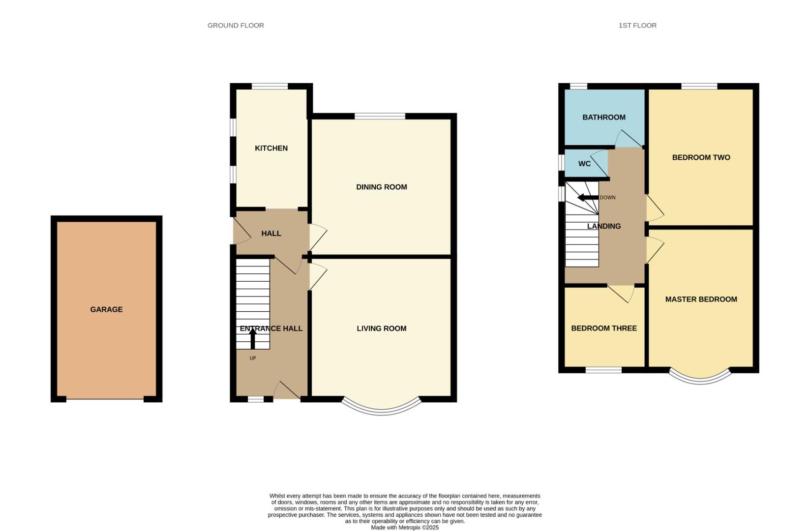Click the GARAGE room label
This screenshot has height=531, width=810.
pyautogui.click(x=106, y=309)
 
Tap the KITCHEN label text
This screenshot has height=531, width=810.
pyautogui.click(x=271, y=148)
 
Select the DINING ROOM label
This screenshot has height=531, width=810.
pyautogui.click(x=381, y=187)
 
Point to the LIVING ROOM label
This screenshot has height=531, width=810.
pyautogui.click(x=381, y=328)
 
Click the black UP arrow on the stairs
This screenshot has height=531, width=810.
pyautogui.click(x=253, y=338)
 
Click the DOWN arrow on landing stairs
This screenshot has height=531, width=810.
pyautogui.click(x=587, y=198)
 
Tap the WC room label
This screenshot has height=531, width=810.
pyautogui.click(x=584, y=164)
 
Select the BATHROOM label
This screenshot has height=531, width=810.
pyautogui.click(x=603, y=117)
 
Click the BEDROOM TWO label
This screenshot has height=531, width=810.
pyautogui.click(x=701, y=157)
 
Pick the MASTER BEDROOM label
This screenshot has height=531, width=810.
pyautogui.click(x=701, y=299)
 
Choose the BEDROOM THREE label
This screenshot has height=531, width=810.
pyautogui.click(x=603, y=328)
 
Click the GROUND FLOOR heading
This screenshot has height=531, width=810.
pyautogui.click(x=236, y=25)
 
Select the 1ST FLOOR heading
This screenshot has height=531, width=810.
pyautogui.click(x=637, y=25)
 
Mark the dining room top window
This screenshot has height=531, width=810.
pyautogui.click(x=380, y=116)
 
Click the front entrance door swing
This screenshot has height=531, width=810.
pyautogui.click(x=286, y=391)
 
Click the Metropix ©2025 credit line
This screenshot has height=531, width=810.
pyautogui.click(x=404, y=528)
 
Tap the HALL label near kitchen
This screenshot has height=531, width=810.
pyautogui.click(x=271, y=234)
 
